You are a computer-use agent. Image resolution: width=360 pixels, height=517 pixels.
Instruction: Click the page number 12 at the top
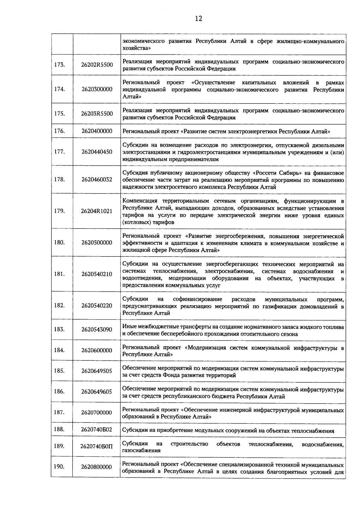tap(198, 19)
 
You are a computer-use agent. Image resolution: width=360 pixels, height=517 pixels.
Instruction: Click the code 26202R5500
tap(97, 65)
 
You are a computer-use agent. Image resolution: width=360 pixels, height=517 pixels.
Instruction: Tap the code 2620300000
tap(97, 89)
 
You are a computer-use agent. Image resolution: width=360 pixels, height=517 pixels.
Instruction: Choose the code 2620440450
tap(97, 152)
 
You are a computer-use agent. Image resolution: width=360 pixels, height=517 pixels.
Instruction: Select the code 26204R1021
tap(97, 211)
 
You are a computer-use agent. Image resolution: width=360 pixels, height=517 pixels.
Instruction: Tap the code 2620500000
tap(97, 242)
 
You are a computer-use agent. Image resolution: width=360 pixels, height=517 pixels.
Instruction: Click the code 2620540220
tap(97, 305)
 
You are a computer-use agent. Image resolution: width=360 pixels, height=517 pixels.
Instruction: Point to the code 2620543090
tap(97, 329)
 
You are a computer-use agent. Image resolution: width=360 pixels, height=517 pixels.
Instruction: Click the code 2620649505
tap(97, 371)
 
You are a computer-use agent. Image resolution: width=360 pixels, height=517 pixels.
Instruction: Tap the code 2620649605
tap(97, 392)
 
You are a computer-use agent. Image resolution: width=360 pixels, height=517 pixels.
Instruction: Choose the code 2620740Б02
tap(97, 429)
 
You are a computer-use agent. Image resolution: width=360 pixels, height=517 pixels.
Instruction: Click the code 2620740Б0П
tap(97, 446)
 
